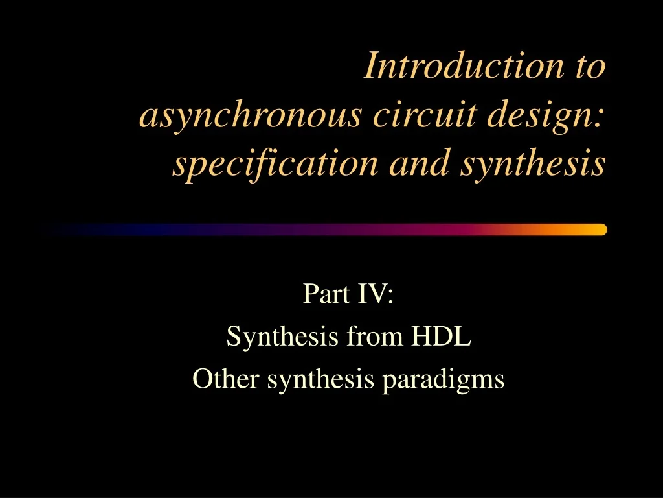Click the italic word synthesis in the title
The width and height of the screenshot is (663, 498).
click(532, 163)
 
